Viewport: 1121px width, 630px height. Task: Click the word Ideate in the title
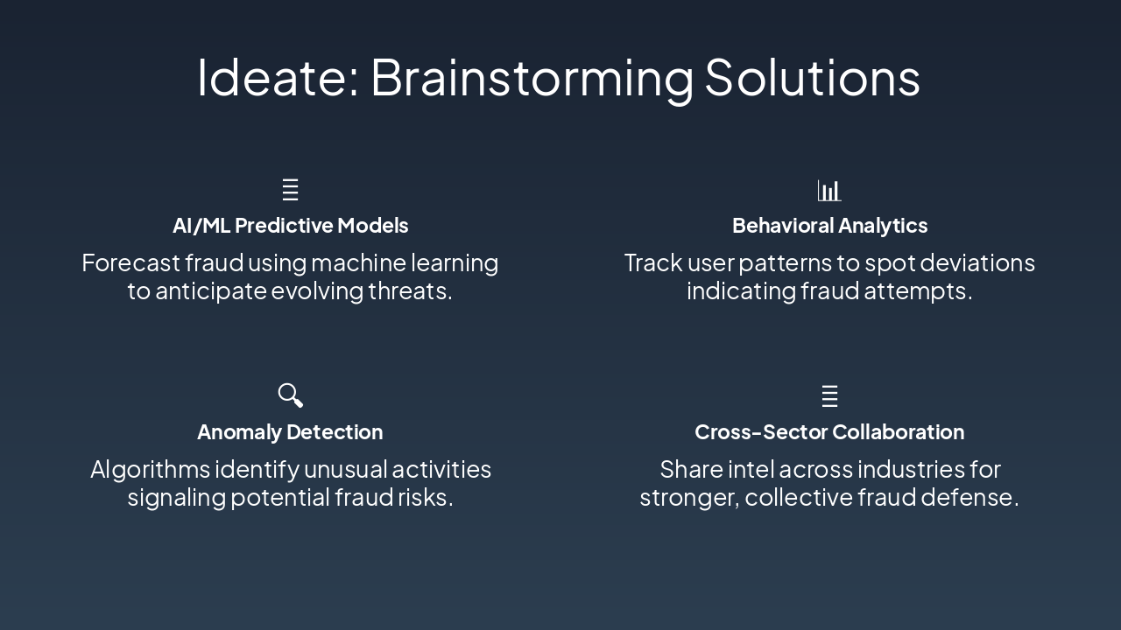pos(278,78)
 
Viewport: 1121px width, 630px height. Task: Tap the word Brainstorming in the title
pos(532,80)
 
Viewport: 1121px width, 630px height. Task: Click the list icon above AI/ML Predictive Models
pos(290,190)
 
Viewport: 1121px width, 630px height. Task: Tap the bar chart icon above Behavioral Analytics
pos(829,190)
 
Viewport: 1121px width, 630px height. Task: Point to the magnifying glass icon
pos(290,395)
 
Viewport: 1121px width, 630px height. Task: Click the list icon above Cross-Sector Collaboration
pos(829,396)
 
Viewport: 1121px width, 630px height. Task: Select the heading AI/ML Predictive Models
pos(290,226)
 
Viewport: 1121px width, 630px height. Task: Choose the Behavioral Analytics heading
pos(829,226)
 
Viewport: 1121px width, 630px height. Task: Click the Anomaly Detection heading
pos(290,432)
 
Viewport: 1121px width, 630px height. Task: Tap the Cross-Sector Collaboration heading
pos(829,432)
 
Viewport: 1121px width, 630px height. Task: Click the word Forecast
pos(130,263)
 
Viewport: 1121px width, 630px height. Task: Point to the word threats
pos(411,291)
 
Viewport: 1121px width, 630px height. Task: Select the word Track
pos(653,263)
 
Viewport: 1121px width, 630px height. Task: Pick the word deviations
pos(977,263)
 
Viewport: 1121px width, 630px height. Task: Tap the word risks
pos(426,498)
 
